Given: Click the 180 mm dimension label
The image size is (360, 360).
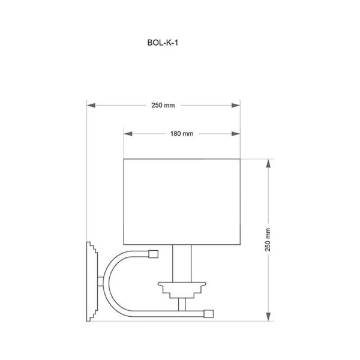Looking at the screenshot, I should pyautogui.click(x=181, y=134).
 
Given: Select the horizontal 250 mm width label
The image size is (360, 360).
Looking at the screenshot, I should pyautogui.click(x=163, y=105).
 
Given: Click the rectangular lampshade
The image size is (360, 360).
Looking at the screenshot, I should pyautogui.click(x=181, y=201).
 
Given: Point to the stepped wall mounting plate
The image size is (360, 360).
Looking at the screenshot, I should pyautogui.click(x=91, y=281).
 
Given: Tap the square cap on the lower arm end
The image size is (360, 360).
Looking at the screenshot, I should pyautogui.click(x=209, y=313).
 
